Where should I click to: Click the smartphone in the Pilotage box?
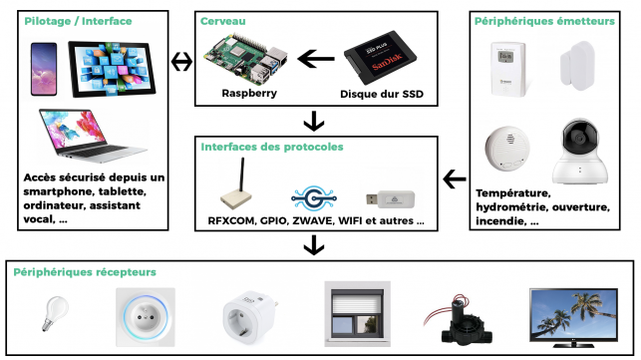click(44, 69)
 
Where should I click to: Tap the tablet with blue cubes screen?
click(112, 69)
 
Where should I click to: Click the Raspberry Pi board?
click(245, 60)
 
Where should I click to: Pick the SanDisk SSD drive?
click(380, 57)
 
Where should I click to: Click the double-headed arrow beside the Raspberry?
click(181, 62)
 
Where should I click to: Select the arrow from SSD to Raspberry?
click(316, 59)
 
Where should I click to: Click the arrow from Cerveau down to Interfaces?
click(314, 121)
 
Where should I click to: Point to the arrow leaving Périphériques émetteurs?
click(455, 180)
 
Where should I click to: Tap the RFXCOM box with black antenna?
click(236, 183)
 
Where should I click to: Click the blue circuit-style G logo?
click(314, 198)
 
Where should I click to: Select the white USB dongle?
click(390, 199)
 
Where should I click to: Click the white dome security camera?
click(579, 152)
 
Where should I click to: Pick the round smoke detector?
click(507, 149)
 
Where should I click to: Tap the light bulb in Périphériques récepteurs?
click(55, 313)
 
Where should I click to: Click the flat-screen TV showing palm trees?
click(573, 317)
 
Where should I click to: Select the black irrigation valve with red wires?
click(459, 319)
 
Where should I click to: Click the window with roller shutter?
click(357, 314)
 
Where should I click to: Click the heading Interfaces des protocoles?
click(272, 147)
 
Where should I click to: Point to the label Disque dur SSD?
click(382, 94)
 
